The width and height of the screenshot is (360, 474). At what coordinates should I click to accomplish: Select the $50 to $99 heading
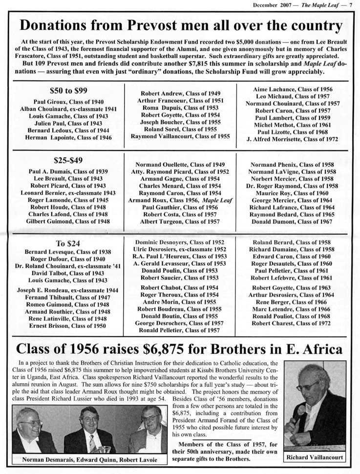68,90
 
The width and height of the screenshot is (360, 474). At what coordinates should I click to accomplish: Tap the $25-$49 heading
68,159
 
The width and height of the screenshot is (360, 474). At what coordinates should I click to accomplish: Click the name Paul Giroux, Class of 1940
68,102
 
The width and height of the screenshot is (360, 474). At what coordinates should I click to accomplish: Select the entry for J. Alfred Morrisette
293,139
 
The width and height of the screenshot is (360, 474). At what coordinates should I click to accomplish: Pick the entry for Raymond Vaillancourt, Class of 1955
180,136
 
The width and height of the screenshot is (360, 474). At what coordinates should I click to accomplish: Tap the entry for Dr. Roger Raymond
292,186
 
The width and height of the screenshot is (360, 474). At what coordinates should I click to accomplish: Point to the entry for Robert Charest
292,323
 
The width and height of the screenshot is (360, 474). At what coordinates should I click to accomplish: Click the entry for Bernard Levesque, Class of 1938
68,252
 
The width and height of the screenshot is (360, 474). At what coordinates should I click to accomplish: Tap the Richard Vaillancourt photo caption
315,457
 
